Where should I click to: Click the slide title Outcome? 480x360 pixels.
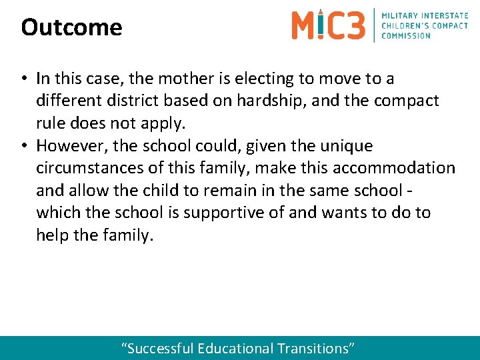pyautogui.click(x=71, y=27)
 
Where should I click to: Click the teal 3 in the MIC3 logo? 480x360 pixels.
pyautogui.click(x=355, y=25)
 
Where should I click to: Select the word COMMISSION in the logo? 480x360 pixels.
pyautogui.click(x=406, y=35)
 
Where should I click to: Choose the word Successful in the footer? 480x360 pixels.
pyautogui.click(x=159, y=348)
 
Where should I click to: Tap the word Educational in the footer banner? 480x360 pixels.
pyautogui.click(x=235, y=348)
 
